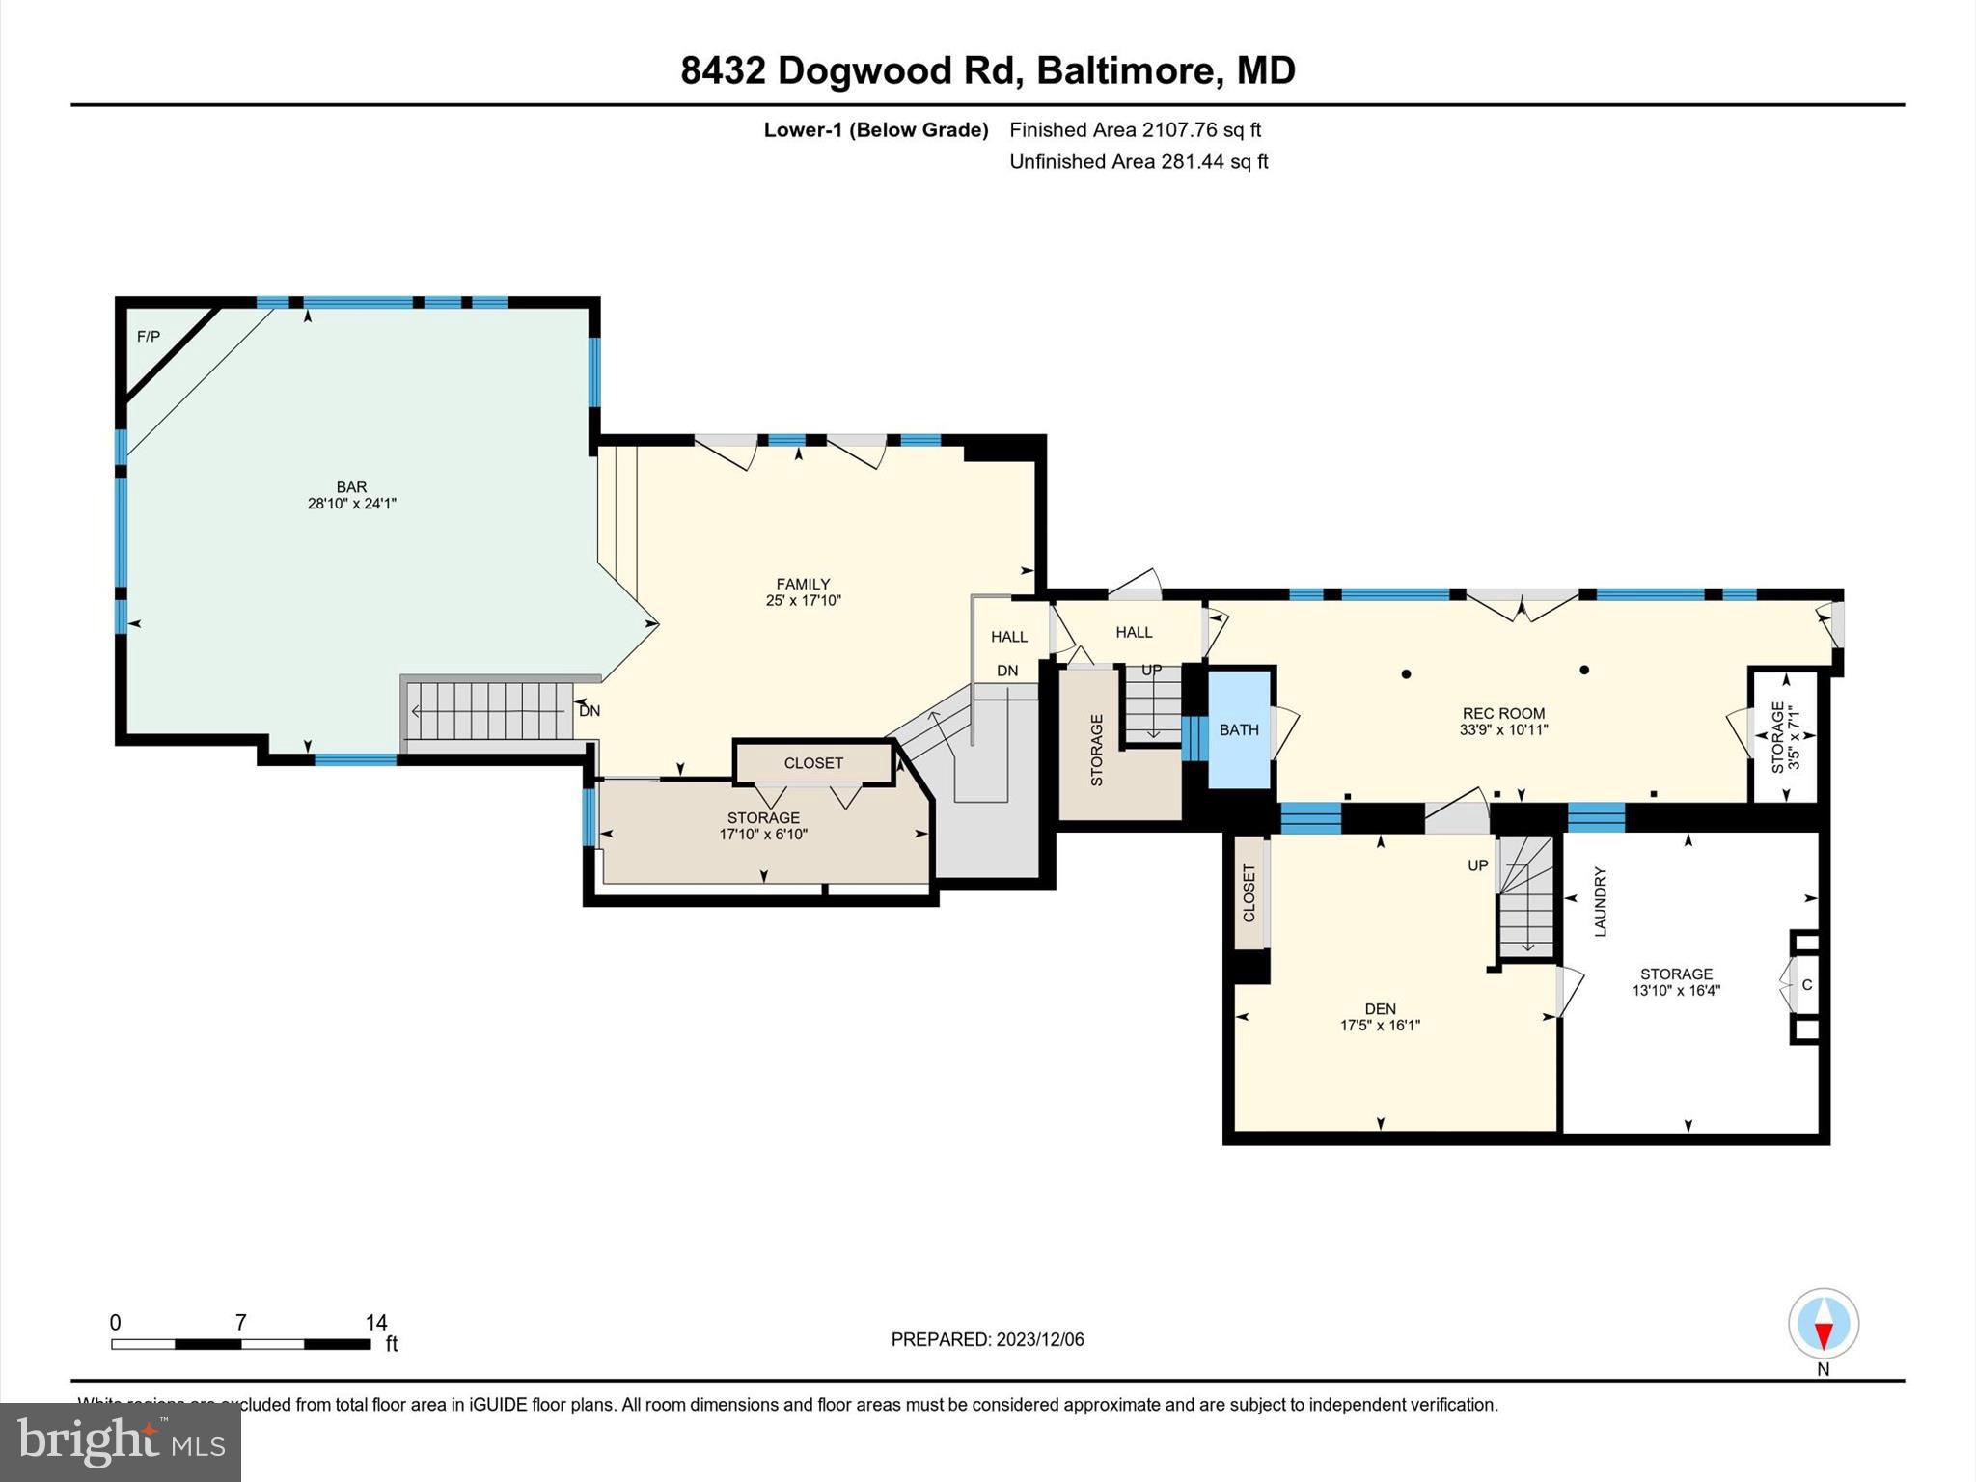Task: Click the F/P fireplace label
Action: point(149,337)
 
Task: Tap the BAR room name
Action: point(351,487)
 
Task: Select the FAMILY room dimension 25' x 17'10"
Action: point(803,600)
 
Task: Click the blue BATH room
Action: point(1239,730)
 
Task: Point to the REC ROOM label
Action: point(1503,714)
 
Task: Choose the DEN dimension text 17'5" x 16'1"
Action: point(1380,1026)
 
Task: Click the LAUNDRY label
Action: point(1600,901)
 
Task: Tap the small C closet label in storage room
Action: point(1806,985)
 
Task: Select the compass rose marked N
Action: point(1823,1324)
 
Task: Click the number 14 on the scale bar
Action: point(375,1323)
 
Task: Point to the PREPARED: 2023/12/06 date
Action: point(987,1339)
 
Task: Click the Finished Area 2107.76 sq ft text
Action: point(1135,130)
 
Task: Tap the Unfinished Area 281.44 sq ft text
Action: point(1138,162)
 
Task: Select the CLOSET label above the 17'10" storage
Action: point(813,763)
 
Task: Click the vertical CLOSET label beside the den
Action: point(1249,892)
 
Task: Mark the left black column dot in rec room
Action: point(1407,674)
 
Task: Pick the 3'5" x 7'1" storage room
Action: point(1785,736)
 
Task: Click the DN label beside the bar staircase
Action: point(590,711)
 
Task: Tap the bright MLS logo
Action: point(121,1441)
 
